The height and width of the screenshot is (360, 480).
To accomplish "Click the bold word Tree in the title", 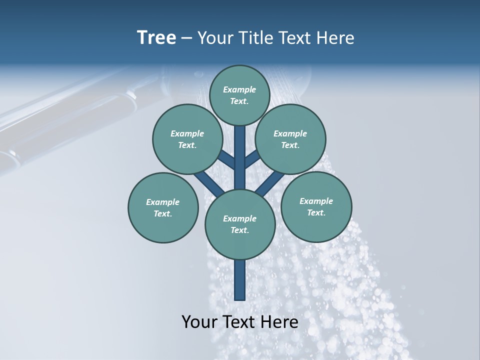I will click(156, 37).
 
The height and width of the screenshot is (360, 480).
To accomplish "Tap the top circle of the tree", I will click(239, 95).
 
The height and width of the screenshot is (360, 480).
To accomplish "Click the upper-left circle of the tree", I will click(187, 139).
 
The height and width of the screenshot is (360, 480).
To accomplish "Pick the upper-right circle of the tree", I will click(290, 139).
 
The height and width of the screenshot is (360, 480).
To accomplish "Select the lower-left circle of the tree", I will click(163, 207).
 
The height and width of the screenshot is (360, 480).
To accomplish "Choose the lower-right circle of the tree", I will click(316, 206).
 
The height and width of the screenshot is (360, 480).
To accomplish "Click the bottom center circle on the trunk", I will click(240, 224).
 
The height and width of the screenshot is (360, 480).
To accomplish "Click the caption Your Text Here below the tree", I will click(240, 321).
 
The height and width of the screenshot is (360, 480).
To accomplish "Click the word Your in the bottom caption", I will click(199, 321).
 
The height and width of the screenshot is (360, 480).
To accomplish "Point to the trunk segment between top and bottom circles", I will click(240, 157).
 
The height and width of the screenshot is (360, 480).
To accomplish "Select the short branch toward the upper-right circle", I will click(252, 159).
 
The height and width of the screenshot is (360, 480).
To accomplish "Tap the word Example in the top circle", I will click(239, 89).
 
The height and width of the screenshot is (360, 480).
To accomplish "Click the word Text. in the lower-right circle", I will click(316, 212).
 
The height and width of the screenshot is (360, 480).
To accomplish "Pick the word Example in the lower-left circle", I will click(163, 202).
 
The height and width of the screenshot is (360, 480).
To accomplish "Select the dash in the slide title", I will click(186, 38).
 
